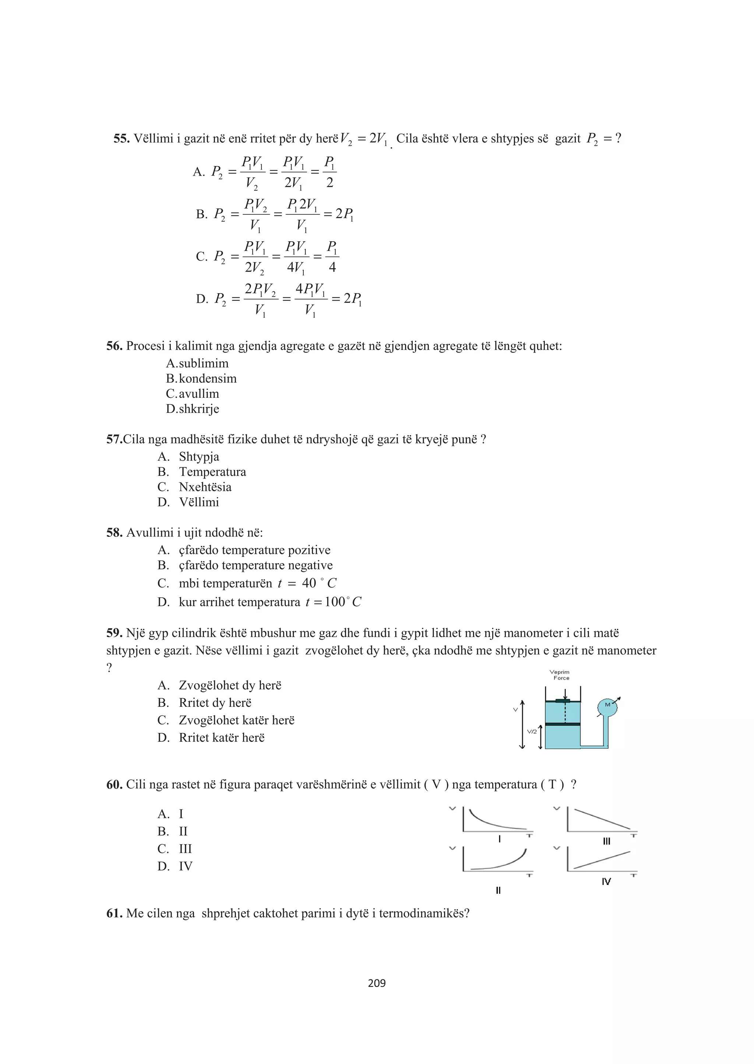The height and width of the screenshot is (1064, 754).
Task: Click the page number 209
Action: click(377, 983)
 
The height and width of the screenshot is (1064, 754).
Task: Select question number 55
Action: click(121, 139)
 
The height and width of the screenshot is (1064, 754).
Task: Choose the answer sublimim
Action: click(203, 363)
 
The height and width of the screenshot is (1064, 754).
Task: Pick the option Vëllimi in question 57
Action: click(199, 502)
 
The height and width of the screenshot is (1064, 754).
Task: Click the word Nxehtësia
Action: click(205, 487)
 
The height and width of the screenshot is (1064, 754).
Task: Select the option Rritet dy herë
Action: click(215, 703)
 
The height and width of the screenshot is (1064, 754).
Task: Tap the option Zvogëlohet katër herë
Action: click(236, 720)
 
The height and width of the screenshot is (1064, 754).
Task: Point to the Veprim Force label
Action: click(560, 675)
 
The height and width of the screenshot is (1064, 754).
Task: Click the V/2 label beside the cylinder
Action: click(532, 731)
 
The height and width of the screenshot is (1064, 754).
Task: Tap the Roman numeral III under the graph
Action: click(606, 842)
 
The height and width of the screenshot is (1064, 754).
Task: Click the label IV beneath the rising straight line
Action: click(606, 881)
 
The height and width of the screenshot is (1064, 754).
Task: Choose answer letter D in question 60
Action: click(163, 866)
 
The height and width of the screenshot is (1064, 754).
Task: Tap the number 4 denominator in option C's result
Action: click(332, 267)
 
